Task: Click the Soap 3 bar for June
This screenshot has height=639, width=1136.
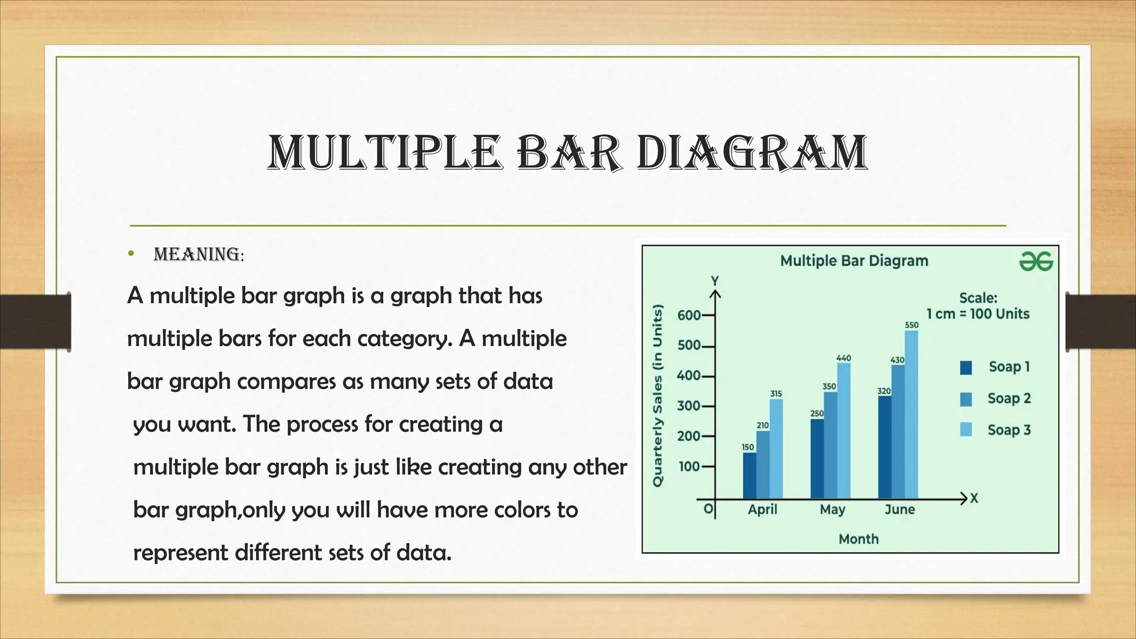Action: (x=911, y=416)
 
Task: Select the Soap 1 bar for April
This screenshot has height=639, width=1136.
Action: (x=749, y=476)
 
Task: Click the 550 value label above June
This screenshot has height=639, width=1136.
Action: (x=911, y=325)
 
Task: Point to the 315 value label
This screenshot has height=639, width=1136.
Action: (x=776, y=393)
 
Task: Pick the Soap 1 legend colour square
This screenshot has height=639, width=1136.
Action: (x=966, y=368)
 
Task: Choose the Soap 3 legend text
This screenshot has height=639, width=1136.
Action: (x=1009, y=430)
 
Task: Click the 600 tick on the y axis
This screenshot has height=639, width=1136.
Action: (x=689, y=316)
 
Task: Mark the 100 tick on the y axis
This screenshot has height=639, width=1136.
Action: (x=689, y=466)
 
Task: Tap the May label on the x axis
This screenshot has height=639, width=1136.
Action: (x=832, y=509)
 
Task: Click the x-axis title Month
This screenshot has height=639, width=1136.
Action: (x=858, y=539)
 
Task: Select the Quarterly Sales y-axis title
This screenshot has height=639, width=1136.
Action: (x=658, y=395)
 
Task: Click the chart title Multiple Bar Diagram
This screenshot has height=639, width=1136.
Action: (x=854, y=261)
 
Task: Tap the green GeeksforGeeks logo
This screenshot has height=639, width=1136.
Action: (x=1036, y=261)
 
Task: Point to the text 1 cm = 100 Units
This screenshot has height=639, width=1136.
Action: (x=977, y=314)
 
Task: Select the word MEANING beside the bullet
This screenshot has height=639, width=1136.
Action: (x=197, y=255)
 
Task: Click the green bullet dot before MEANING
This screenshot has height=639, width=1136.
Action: (x=131, y=254)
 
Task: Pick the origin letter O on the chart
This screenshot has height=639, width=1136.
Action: (x=707, y=509)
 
